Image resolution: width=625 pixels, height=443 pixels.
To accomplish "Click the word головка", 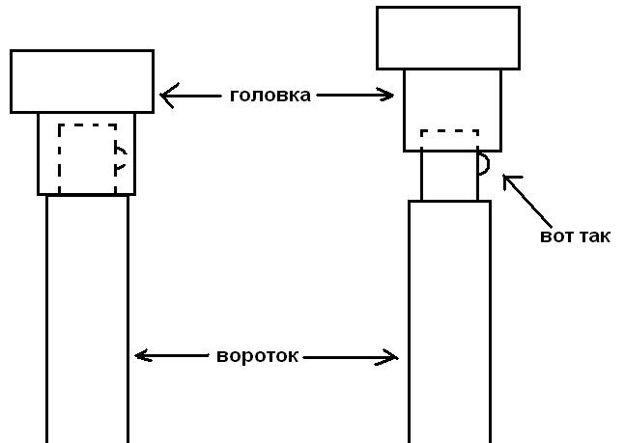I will tap(270, 96).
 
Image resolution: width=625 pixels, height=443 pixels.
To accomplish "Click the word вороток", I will tap(258, 356).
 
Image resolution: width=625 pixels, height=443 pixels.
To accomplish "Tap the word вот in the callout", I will tap(554, 236).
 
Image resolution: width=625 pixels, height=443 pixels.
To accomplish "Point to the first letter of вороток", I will tap(221, 356).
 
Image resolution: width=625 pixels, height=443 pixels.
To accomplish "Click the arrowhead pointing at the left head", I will tap(166, 96).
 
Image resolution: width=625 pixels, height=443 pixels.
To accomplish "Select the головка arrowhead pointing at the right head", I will tap(388, 95).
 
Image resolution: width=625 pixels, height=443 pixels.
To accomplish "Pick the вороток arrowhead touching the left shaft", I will tap(141, 355).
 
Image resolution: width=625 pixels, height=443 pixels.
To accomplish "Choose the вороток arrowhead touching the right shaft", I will tap(391, 357).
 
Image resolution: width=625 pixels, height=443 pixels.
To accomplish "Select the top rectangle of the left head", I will tap(82, 81).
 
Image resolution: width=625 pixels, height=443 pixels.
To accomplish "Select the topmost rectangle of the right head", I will tap(447, 38).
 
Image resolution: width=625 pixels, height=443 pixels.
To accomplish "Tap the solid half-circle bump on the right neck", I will tap(484, 164).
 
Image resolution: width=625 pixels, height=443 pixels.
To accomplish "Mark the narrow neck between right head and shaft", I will tap(449, 176).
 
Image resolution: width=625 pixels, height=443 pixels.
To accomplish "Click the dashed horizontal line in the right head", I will tap(450, 131).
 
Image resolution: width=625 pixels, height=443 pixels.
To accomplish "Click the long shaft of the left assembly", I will tap(87, 318).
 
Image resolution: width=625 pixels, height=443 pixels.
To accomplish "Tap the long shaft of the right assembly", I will tap(449, 318).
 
